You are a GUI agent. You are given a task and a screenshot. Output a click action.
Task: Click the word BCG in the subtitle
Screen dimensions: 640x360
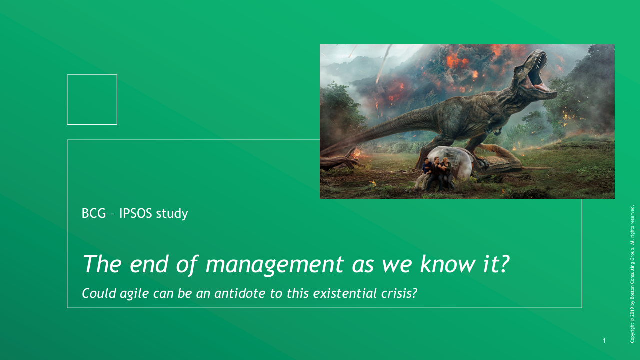click(x=94, y=213)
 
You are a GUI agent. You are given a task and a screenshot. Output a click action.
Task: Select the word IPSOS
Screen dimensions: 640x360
click(x=135, y=213)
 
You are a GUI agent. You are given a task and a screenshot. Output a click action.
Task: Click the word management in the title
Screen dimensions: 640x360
click(x=275, y=265)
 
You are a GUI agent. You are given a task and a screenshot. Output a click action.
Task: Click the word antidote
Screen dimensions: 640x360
click(x=240, y=293)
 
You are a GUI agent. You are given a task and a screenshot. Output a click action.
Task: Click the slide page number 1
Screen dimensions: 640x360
click(x=604, y=340)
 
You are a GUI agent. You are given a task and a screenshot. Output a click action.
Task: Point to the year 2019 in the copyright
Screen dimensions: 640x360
click(x=632, y=311)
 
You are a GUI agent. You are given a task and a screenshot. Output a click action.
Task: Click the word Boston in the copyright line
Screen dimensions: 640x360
click(x=632, y=291)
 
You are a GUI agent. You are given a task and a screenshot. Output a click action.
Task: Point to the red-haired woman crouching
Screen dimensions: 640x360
click(x=447, y=173)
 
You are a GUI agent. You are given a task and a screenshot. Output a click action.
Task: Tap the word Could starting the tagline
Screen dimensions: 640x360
click(x=99, y=293)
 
